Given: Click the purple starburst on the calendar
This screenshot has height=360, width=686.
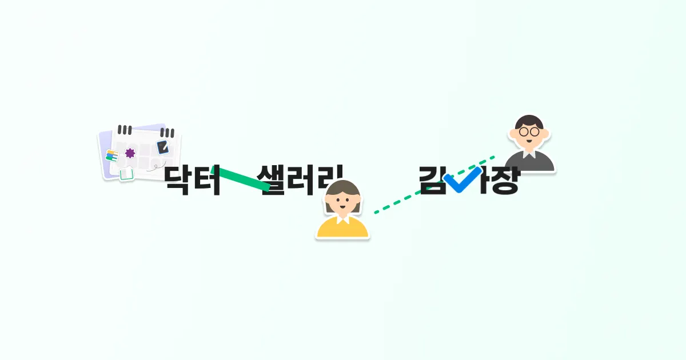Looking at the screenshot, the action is click(x=130, y=153).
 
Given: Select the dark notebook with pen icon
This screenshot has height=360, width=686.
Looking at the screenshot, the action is click(x=163, y=146).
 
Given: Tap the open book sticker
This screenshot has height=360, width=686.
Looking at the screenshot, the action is click(x=126, y=174).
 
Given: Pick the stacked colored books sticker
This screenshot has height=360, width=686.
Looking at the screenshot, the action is click(x=111, y=155).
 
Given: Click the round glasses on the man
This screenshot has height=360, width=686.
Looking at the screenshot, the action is click(x=529, y=131).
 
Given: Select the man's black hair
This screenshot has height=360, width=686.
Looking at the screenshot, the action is click(x=529, y=121).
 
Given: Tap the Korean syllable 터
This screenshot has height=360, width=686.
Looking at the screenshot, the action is click(x=207, y=181).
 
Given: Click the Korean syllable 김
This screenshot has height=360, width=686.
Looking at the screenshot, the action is click(x=432, y=181).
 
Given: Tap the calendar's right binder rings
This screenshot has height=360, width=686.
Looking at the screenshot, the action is click(x=168, y=133).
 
